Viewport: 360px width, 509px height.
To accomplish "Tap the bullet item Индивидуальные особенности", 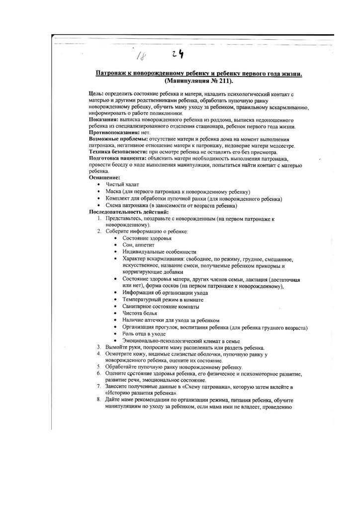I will coord(156,252).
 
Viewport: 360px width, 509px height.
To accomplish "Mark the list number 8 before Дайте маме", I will coord(99,400).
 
